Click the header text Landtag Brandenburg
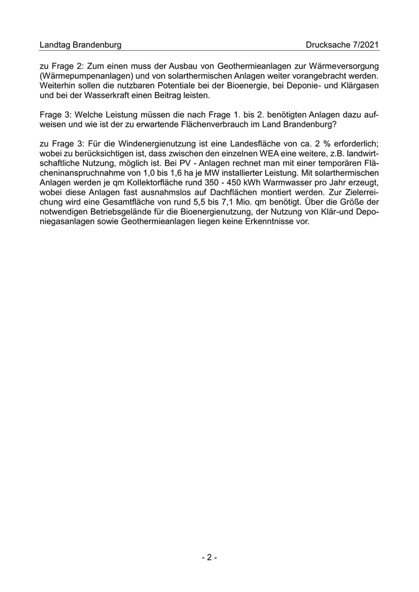point(80,45)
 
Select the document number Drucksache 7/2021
point(342,45)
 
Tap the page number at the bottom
point(209,557)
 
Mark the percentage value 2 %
point(338,146)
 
